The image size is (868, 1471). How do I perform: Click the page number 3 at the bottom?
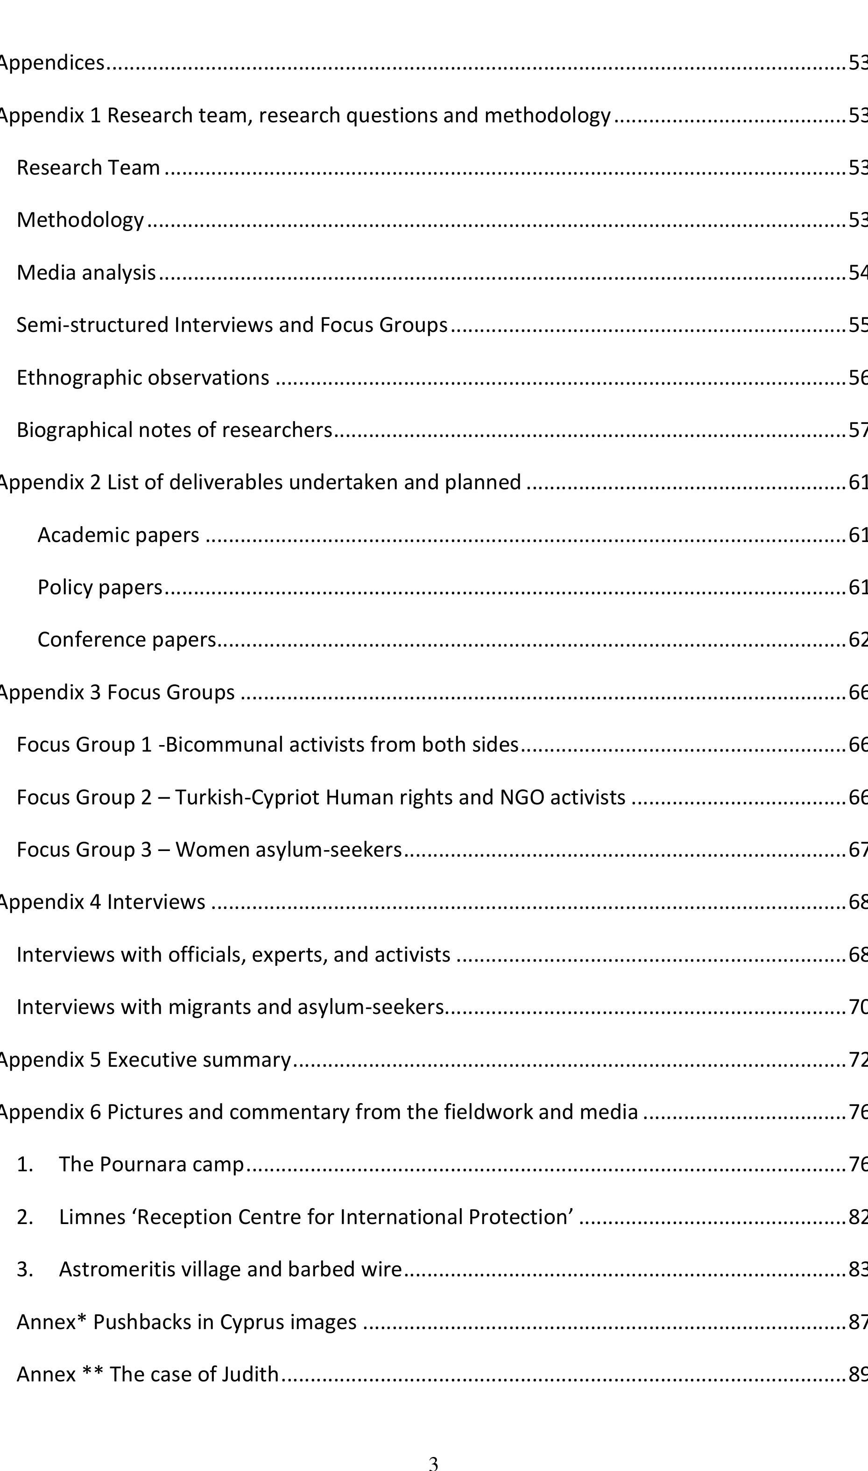tap(433, 1462)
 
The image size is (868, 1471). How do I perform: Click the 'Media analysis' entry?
tap(86, 273)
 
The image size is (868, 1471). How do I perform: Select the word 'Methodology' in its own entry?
tap(80, 220)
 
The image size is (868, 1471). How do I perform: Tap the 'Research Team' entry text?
tap(88, 168)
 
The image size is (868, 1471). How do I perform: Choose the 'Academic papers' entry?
tap(118, 535)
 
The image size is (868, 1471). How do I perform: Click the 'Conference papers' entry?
tap(127, 640)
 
